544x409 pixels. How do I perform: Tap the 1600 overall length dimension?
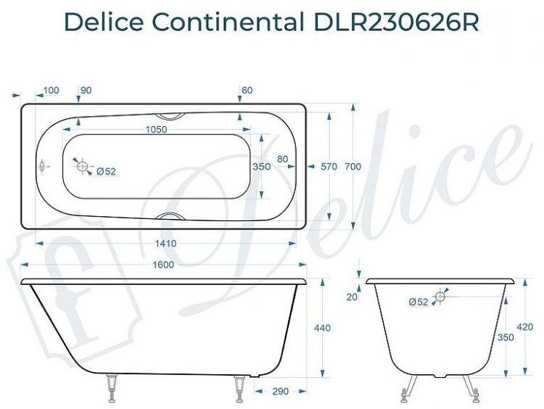click(162, 265)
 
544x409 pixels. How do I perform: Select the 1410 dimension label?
click(166, 243)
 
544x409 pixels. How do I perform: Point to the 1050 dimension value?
click(157, 130)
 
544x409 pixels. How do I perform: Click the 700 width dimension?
click(353, 166)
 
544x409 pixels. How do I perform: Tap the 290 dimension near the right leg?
click(280, 391)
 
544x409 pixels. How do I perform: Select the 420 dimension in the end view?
click(525, 327)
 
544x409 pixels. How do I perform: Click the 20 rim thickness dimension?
click(351, 296)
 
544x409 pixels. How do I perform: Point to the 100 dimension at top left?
click(51, 90)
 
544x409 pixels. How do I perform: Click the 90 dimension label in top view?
click(86, 90)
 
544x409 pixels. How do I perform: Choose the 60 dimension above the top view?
click(247, 90)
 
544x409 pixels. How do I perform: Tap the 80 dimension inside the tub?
click(282, 159)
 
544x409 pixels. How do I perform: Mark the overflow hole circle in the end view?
click(440, 296)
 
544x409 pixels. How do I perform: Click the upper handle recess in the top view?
click(172, 115)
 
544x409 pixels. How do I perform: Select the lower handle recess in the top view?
click(172, 216)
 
